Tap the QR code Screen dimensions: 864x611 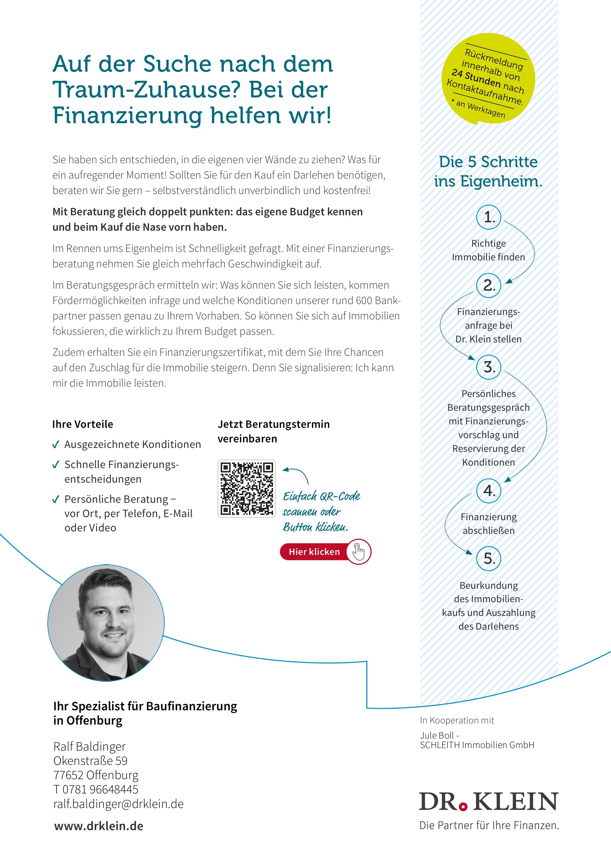[247, 489]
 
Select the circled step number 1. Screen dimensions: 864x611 [489, 217]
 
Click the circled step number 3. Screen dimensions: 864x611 [489, 367]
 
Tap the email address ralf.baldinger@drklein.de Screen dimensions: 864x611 [118, 804]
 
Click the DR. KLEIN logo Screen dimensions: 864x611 [488, 802]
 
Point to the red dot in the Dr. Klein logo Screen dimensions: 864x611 [464, 806]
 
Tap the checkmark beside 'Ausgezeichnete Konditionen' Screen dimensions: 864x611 [56, 445]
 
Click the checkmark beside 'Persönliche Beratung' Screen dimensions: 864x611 [56, 499]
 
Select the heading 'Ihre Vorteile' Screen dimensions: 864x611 [82, 424]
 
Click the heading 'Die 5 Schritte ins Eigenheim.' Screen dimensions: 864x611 [488, 171]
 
